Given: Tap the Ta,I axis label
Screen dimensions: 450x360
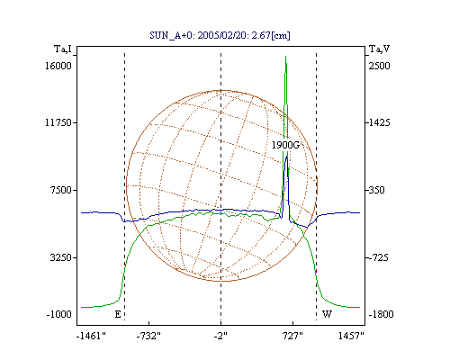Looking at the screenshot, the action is (63, 49).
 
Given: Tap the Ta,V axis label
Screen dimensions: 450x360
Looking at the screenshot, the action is (379, 49).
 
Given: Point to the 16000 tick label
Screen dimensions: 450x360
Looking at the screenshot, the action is (58, 66).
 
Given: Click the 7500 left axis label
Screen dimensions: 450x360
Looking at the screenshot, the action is (61, 190).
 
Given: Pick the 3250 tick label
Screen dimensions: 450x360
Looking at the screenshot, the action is (61, 257).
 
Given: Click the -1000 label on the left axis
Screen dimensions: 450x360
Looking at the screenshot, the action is (59, 314).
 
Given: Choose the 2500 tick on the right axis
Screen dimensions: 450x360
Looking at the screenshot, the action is (379, 66).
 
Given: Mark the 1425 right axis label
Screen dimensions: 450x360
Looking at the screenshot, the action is (379, 122).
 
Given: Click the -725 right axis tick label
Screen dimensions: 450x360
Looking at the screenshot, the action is (379, 257).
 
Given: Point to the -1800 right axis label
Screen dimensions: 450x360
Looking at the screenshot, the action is (381, 314).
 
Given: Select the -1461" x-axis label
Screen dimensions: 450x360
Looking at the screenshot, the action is (91, 336).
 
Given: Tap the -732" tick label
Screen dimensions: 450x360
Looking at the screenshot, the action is (148, 336).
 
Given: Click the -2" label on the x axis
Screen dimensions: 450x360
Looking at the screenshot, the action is (220, 336).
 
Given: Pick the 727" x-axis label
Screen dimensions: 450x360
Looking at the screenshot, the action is (292, 336).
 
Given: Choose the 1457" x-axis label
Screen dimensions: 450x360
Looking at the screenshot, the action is (351, 336).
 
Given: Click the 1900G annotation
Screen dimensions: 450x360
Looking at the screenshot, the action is (285, 145).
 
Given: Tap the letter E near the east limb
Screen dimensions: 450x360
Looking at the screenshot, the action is (118, 314).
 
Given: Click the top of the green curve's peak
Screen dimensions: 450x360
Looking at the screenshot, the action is (285, 56).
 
